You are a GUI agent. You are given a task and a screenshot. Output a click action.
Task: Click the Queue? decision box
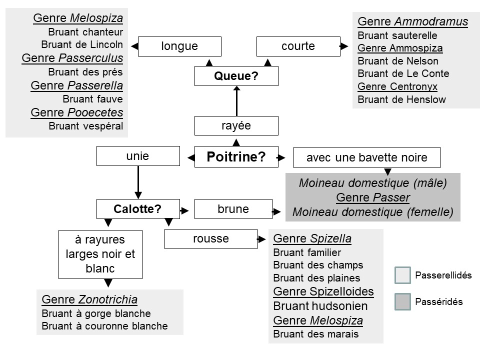236,76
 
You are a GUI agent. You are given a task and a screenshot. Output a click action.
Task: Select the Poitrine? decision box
236,157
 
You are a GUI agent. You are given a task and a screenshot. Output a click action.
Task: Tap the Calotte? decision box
137,209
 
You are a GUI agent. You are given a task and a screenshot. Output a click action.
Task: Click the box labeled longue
179,46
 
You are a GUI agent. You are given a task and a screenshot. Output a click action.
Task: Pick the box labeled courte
298,46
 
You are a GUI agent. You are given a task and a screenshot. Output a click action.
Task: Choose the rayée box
236,125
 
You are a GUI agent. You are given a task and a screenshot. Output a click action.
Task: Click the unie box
137,156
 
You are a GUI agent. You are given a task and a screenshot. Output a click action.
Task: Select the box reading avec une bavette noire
366,158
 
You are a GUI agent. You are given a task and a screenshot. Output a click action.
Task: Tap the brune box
233,209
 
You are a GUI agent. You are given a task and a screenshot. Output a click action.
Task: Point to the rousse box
210,239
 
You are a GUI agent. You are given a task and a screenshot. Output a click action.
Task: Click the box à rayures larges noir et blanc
100,254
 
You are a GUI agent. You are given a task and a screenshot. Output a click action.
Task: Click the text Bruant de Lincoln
82,45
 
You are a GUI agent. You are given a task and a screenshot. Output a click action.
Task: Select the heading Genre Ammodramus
413,21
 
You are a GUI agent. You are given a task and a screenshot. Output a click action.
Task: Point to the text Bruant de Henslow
402,99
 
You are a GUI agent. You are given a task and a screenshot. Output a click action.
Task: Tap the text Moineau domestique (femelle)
372,212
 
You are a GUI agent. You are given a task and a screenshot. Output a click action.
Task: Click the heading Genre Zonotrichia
89,300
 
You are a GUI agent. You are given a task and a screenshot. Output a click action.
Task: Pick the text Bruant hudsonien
320,306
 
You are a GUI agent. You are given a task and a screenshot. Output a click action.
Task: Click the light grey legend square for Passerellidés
402,275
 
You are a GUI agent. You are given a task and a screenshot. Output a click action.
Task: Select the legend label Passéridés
439,301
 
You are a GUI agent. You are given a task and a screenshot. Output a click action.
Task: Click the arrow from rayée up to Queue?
236,101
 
